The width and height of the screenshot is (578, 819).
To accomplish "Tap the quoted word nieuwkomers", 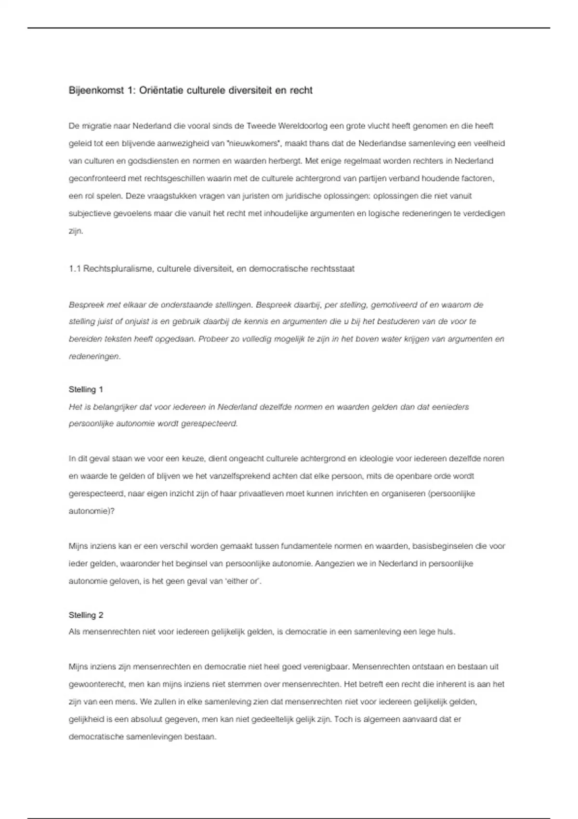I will coord(253,144).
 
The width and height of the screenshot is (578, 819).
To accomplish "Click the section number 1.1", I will coord(75,269).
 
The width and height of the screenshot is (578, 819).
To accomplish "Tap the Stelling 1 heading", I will coord(86,389).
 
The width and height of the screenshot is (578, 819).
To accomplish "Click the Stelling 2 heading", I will coord(86,615).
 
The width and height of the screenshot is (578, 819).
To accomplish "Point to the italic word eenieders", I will coord(451,407).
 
